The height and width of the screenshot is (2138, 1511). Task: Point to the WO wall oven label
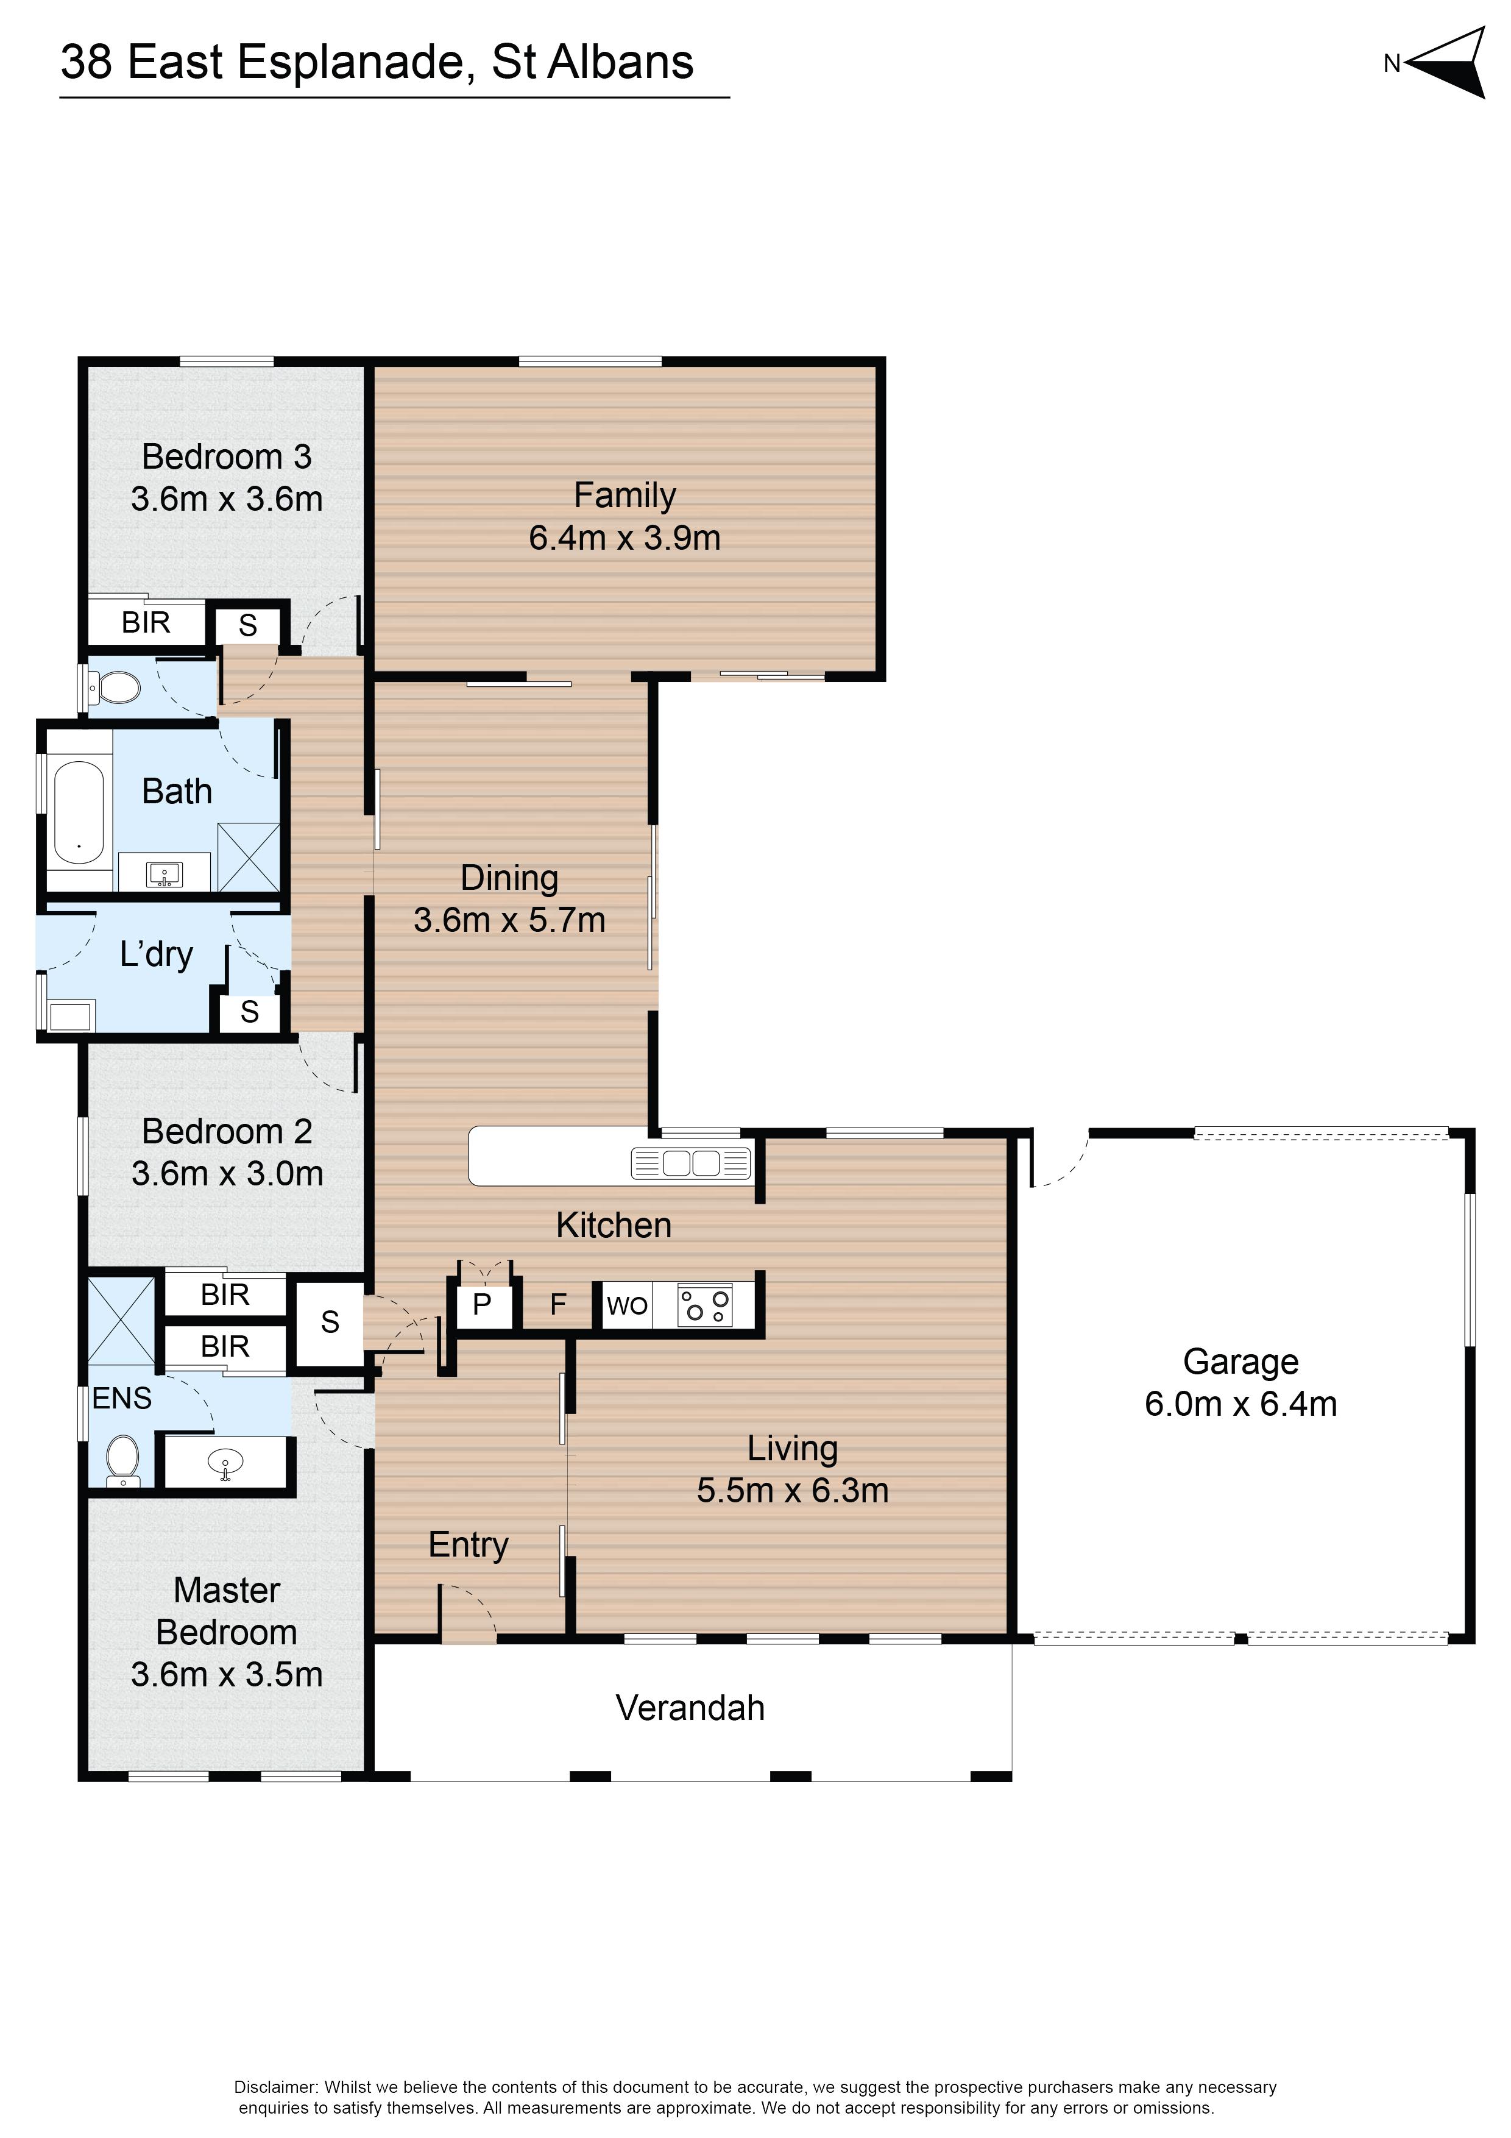(626, 1305)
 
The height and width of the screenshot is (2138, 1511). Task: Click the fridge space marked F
(557, 1304)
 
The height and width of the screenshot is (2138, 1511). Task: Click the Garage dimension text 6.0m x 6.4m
(1240, 1404)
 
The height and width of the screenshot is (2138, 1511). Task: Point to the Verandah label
(690, 1708)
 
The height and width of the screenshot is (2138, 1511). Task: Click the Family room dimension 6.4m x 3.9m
(625, 538)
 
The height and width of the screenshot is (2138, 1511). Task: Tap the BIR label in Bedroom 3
(146, 622)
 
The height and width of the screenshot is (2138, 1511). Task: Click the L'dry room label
(157, 954)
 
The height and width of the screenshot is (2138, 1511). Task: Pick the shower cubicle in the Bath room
(249, 857)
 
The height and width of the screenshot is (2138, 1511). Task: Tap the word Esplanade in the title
(351, 62)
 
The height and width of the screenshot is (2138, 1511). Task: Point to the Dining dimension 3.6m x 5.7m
(509, 920)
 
